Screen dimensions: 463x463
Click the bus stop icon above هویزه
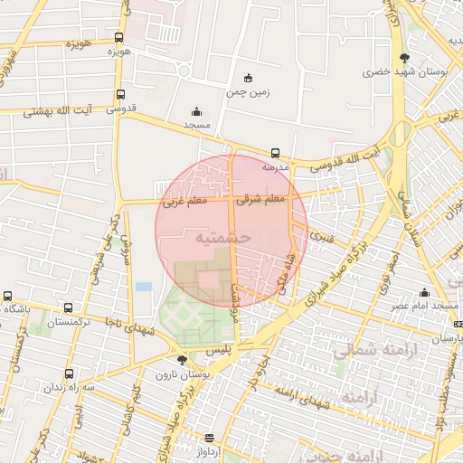tap(119, 38)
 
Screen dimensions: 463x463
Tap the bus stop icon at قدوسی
tap(120, 94)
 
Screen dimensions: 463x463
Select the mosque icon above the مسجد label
tap(196, 112)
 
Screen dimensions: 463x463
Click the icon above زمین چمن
tap(250, 78)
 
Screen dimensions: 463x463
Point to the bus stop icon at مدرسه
tap(275, 153)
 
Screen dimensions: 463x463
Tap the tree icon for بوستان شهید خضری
tap(403, 58)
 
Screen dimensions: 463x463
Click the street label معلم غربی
tap(184, 202)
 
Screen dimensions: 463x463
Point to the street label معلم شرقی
tap(261, 198)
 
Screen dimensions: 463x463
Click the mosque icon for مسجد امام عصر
tap(424, 292)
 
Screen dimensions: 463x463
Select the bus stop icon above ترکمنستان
tap(70, 307)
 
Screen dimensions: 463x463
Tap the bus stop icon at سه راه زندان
tap(69, 373)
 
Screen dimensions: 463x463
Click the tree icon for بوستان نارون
tap(183, 360)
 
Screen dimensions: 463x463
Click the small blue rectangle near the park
tap(144, 287)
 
